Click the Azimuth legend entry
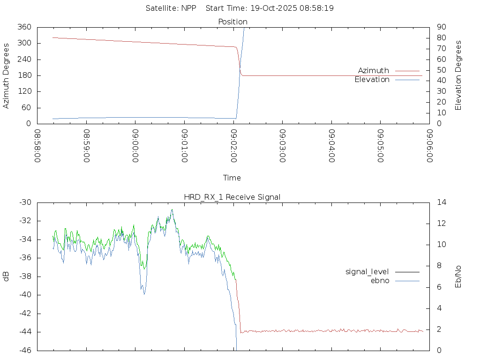coord(374,71)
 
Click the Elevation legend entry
coord(372,80)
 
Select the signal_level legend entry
coord(367,272)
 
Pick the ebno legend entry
coord(380,281)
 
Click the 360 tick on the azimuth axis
coord(24,27)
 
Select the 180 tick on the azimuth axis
coord(24,75)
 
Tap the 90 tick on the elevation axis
coord(441,27)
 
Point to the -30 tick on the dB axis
coord(25,202)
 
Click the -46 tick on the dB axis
coord(25,350)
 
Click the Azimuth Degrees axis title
coord(6,75)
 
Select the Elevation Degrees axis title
coord(458,75)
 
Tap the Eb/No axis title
coord(458,276)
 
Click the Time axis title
coord(232,178)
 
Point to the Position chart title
coord(233,22)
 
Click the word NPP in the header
coord(188,8)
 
